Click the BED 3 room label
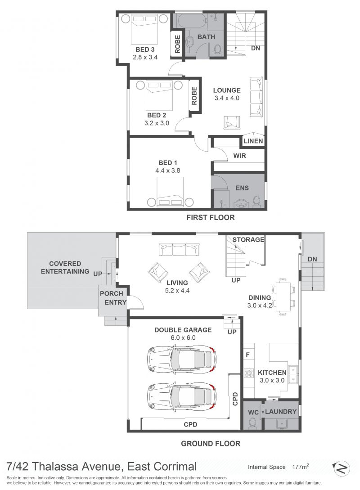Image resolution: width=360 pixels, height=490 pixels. point(145,49)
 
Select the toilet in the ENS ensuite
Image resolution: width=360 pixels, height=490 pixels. point(256,201)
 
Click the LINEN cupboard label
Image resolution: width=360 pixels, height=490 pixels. point(253,141)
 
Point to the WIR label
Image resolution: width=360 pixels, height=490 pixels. point(240,156)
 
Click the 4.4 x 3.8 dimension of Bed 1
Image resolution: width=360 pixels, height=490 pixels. point(168,171)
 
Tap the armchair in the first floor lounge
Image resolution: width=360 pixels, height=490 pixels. point(232,122)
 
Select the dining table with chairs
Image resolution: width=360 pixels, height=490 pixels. point(283,296)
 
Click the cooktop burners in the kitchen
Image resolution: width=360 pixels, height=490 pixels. point(249,373)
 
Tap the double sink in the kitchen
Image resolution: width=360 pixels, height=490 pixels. point(293,375)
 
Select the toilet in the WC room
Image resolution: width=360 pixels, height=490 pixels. point(252,423)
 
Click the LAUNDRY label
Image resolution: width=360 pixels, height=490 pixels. point(281,412)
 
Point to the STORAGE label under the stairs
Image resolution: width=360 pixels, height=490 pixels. point(248,240)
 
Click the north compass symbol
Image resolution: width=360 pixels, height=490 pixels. point(341,468)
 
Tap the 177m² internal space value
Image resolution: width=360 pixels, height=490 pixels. point(301,467)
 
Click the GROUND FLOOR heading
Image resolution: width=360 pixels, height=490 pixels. point(211,444)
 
